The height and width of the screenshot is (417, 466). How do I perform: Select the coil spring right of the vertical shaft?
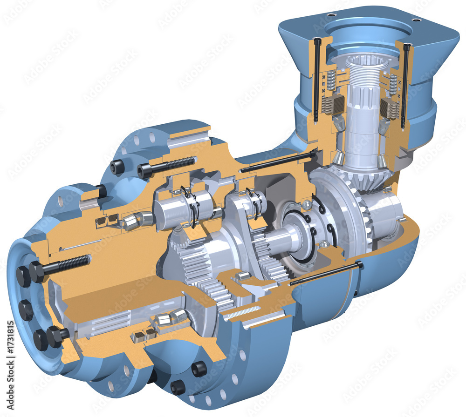coord(393,84)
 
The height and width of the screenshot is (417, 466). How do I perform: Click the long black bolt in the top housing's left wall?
coord(317,79)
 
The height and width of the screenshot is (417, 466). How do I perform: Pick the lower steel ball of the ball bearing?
coord(323,244)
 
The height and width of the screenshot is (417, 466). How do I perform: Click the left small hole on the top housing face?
coord(331,15)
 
